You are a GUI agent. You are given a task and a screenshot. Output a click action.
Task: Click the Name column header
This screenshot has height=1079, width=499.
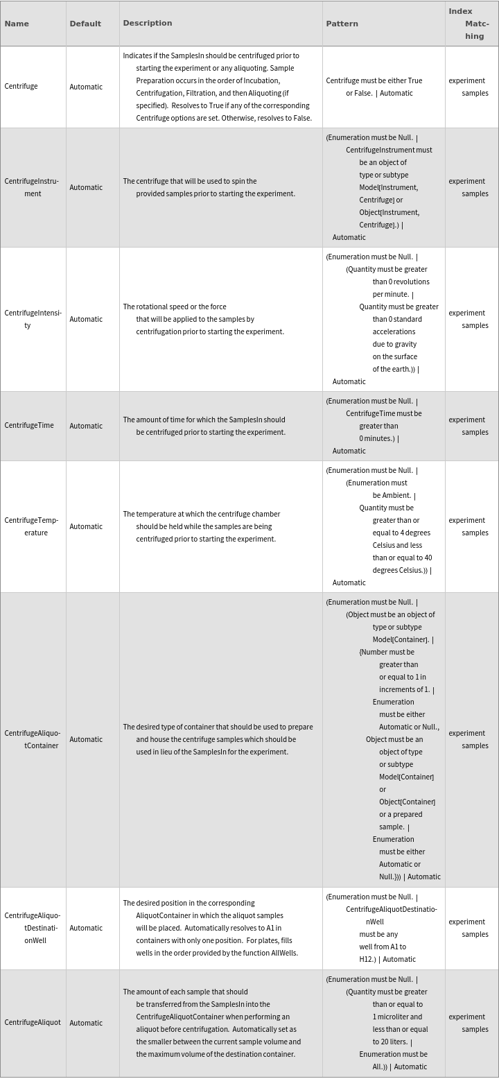(17, 24)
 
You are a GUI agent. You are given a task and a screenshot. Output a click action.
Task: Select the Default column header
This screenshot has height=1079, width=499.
(85, 24)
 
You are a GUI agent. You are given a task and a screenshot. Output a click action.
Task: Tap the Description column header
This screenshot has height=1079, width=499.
(148, 23)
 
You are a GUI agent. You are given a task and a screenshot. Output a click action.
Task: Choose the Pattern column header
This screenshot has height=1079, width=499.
(342, 24)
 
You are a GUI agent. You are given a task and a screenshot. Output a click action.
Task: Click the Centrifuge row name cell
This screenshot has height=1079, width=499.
(21, 87)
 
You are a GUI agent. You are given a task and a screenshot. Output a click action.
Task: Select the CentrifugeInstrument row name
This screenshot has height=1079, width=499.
(31, 187)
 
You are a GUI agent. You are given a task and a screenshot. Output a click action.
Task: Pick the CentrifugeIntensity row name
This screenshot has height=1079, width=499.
(33, 319)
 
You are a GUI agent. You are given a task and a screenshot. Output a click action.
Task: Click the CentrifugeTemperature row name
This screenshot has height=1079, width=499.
(31, 526)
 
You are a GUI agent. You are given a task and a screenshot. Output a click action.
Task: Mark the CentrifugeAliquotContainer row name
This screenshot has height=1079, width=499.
(32, 739)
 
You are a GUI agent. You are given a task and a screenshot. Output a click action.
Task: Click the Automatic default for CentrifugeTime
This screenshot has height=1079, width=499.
(86, 426)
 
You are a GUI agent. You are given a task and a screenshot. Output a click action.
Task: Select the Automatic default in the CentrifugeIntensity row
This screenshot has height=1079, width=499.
(86, 319)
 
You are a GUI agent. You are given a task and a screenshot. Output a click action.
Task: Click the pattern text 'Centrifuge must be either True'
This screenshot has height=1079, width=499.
(374, 80)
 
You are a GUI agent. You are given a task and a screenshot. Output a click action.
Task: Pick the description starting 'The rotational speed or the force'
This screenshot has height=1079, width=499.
(175, 307)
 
